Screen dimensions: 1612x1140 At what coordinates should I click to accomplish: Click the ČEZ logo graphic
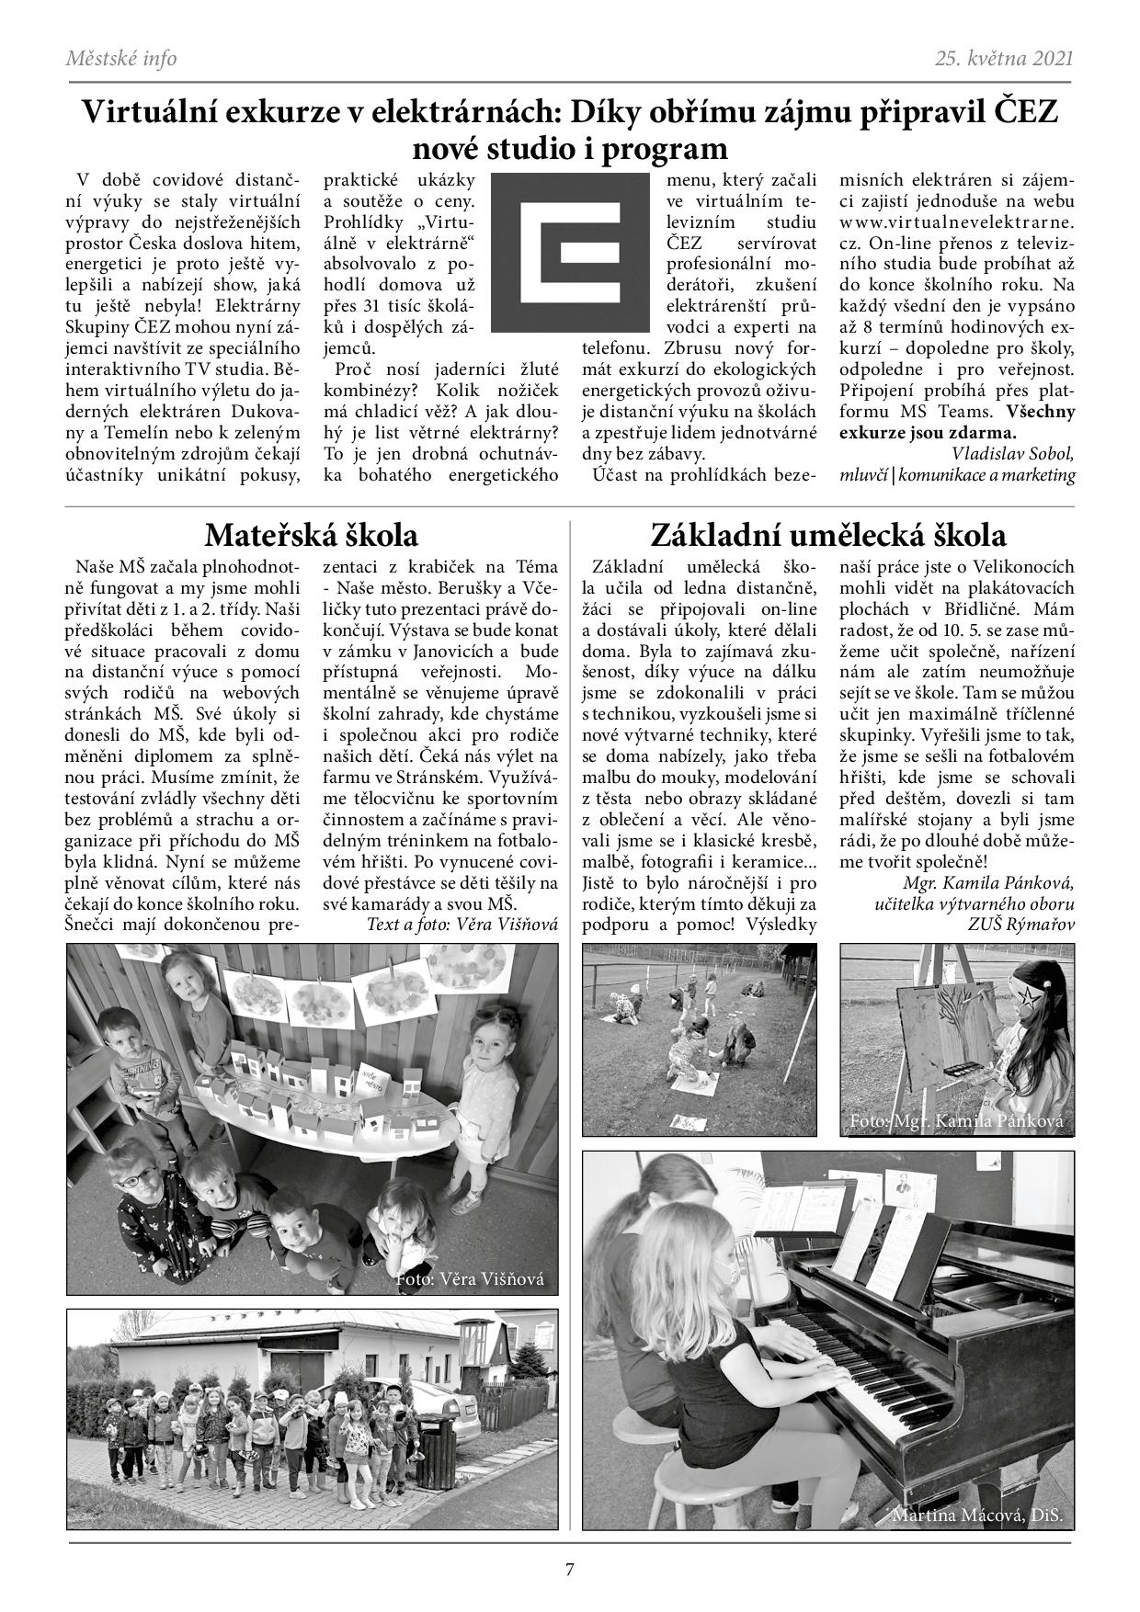(x=569, y=253)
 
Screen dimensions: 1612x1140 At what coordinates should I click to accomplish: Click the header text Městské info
(x=121, y=59)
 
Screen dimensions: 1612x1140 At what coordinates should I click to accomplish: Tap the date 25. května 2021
(x=1004, y=59)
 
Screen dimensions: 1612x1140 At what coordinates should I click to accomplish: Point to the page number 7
(x=569, y=1570)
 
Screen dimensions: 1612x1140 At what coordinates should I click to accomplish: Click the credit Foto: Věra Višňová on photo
(x=470, y=1278)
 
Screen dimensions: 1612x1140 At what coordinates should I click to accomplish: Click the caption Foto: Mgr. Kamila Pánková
(x=956, y=1121)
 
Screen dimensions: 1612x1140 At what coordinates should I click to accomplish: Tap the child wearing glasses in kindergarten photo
(x=138, y=1186)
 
